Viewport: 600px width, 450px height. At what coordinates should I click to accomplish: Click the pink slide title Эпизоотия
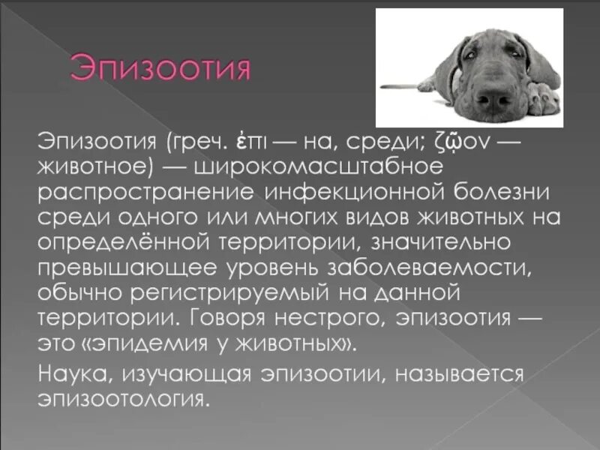160,69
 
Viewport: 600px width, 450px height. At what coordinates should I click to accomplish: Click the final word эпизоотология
121,397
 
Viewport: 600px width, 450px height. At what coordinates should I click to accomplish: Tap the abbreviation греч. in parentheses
196,139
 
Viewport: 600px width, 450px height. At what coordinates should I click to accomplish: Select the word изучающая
190,372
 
